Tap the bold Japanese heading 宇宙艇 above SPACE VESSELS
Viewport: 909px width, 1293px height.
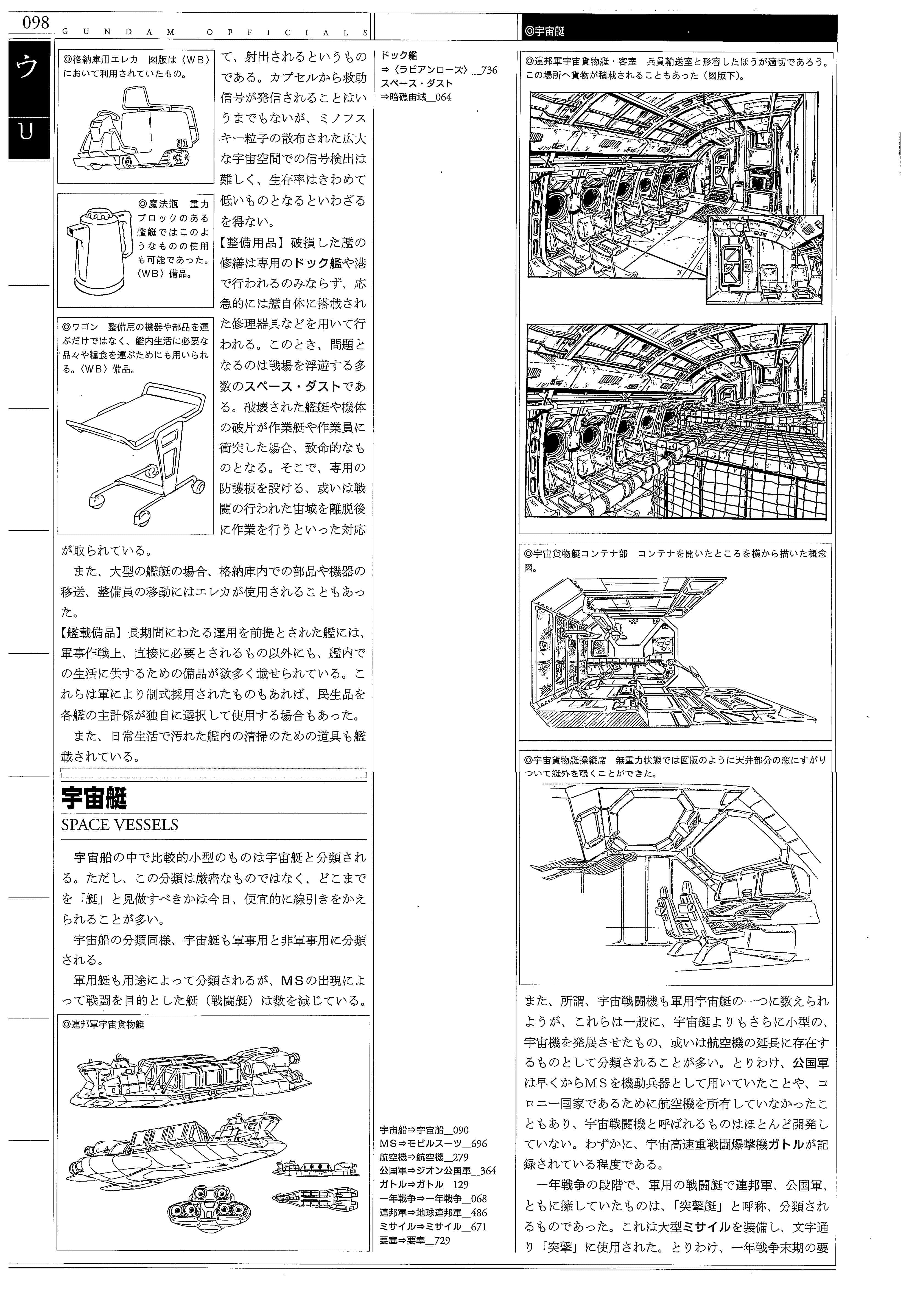[x=94, y=798]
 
